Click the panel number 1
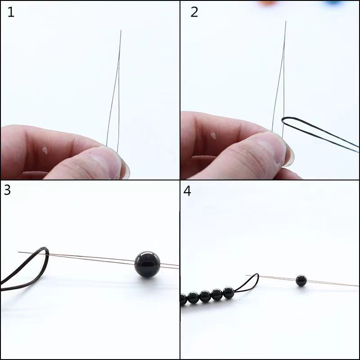[11, 12]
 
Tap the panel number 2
[194, 12]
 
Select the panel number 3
[7, 190]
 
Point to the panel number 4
[187, 191]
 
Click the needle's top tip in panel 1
[121, 31]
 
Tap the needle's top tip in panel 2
[285, 22]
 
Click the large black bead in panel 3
[147, 264]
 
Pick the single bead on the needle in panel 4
[301, 281]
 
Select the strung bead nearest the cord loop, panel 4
[228, 292]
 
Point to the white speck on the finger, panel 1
[45, 150]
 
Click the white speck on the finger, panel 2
[213, 135]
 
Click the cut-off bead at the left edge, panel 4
[183, 299]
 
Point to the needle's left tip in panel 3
[19, 252]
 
